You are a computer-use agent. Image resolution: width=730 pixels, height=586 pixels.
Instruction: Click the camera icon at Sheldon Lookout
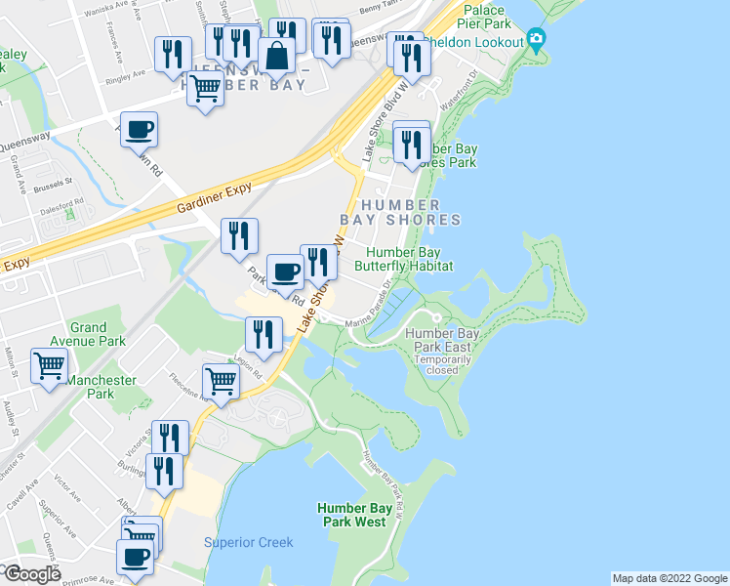pos(535,41)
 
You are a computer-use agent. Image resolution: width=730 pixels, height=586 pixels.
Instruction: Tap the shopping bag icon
pos(277,56)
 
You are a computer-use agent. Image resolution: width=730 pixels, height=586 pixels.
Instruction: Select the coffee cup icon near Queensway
pos(139,129)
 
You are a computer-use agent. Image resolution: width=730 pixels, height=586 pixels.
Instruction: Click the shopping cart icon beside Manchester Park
pos(50,366)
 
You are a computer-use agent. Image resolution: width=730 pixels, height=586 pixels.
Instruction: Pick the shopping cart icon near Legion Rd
pos(221,381)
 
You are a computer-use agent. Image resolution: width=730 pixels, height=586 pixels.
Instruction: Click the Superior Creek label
pos(249,543)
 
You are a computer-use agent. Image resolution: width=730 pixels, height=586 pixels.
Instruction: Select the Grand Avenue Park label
pos(98,335)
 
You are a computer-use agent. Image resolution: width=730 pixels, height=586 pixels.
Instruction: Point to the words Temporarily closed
pos(441,365)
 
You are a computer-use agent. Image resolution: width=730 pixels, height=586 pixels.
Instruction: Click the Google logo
pos(32,574)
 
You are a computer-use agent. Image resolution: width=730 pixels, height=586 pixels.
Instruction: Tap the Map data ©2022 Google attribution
pos(669,578)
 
